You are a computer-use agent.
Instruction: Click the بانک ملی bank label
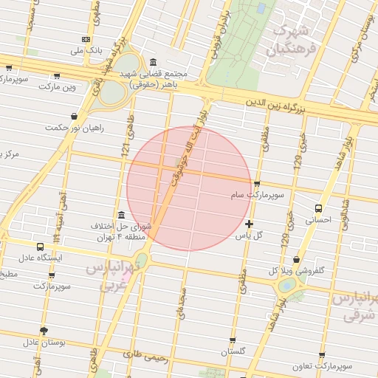(x=86, y=51)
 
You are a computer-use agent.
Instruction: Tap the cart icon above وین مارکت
(x=57, y=75)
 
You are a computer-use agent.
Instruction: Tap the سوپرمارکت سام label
(x=252, y=195)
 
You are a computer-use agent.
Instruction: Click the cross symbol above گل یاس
(x=249, y=223)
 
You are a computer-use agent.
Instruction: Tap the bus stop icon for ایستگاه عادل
(x=41, y=247)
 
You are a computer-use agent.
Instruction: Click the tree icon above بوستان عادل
(x=44, y=330)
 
